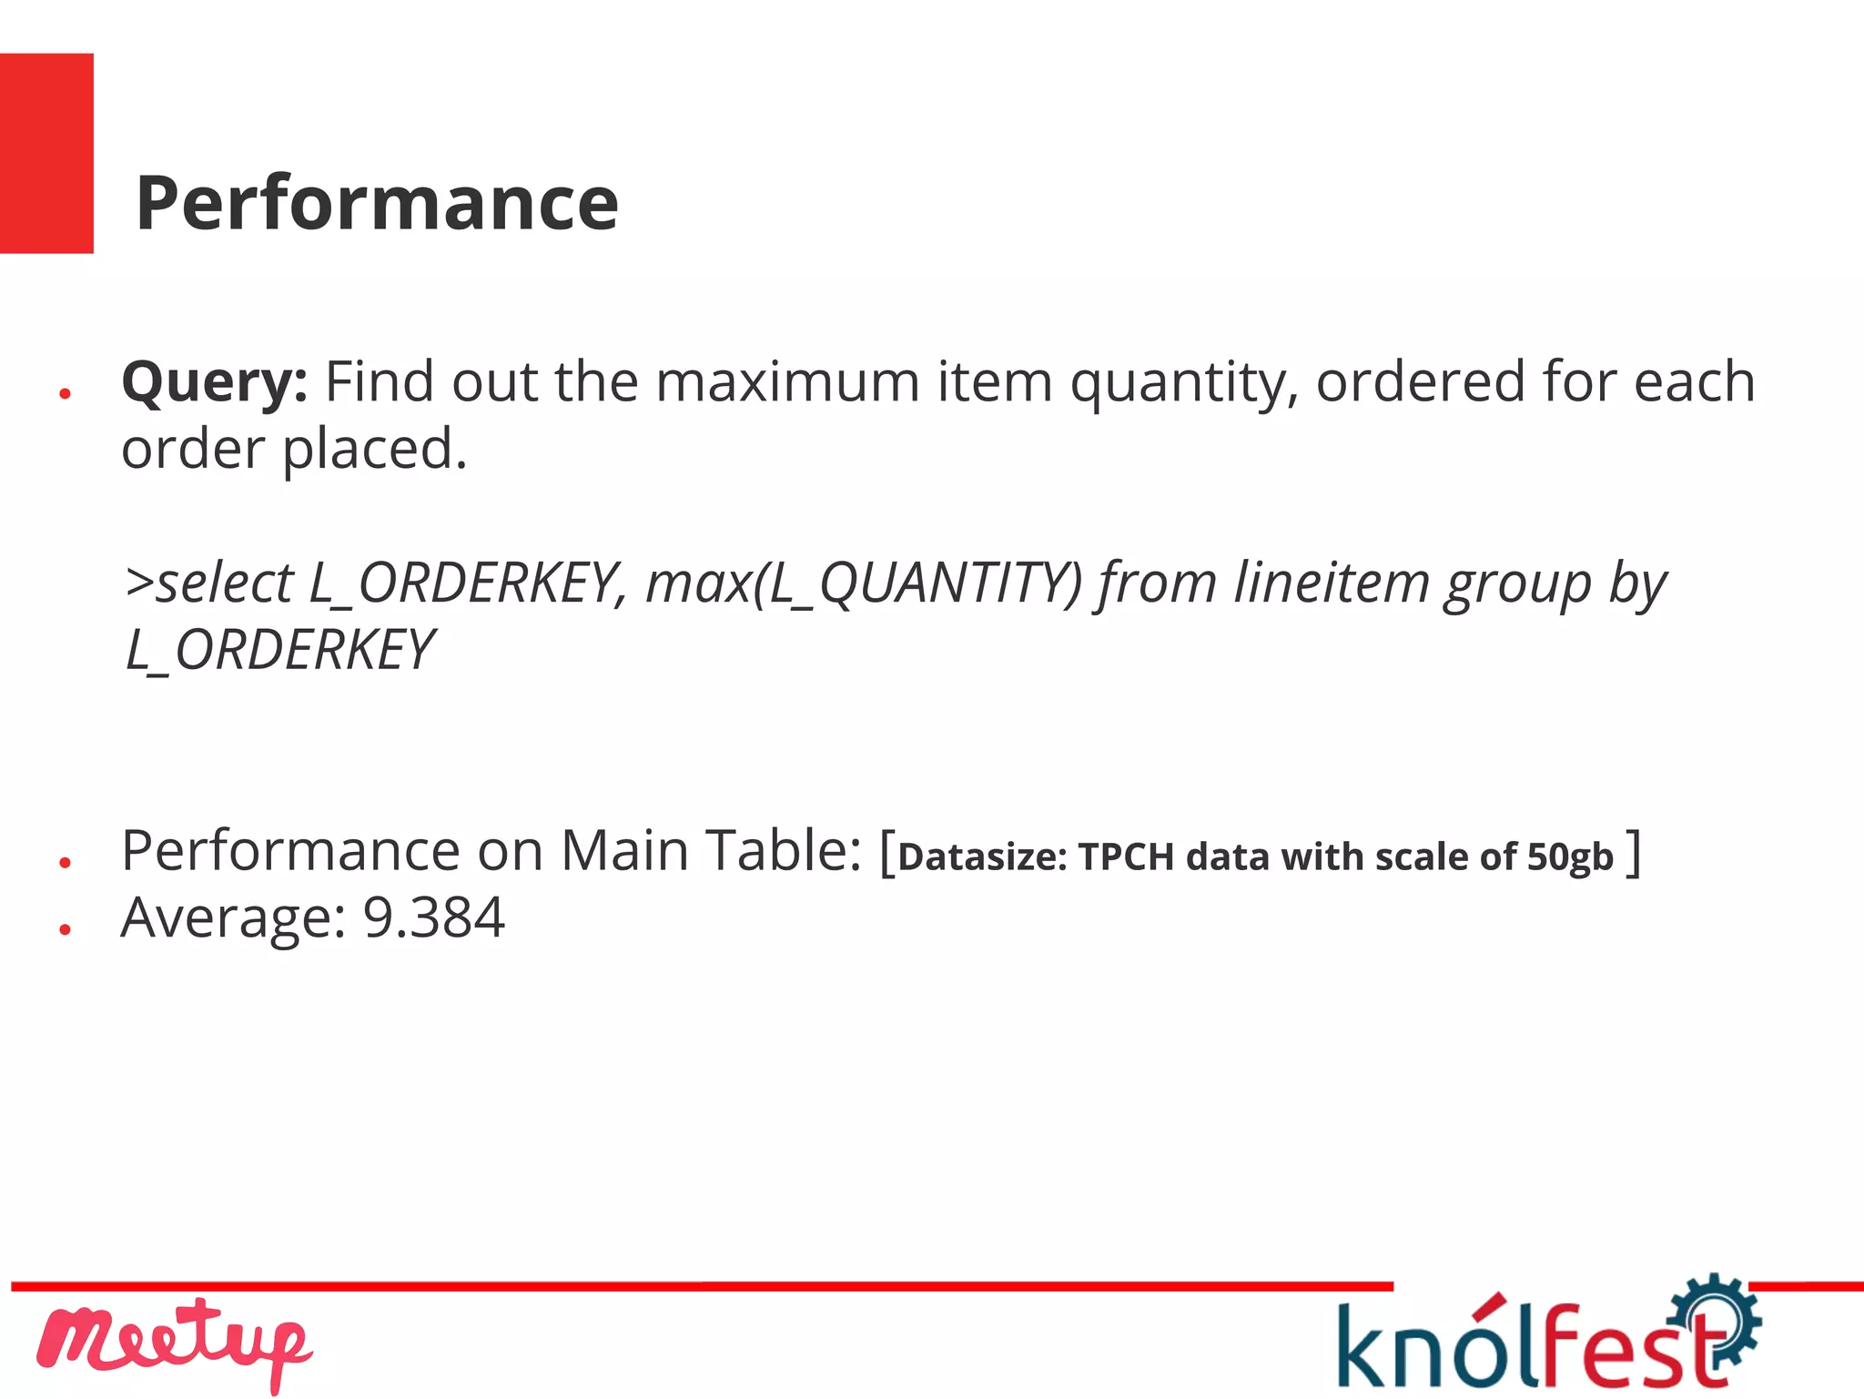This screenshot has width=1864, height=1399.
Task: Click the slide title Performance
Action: click(x=377, y=203)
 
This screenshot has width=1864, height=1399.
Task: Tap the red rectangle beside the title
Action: click(x=46, y=153)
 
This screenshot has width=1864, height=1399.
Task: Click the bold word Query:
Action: click(x=215, y=382)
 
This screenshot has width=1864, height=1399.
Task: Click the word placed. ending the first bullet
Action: click(x=375, y=450)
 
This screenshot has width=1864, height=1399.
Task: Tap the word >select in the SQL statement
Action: click(x=209, y=583)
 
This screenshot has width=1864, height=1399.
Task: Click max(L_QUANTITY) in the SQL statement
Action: click(x=864, y=583)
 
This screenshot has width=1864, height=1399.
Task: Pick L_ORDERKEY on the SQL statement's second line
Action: click(x=279, y=650)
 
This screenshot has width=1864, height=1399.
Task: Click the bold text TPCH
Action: click(x=1126, y=857)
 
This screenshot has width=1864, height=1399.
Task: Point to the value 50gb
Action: click(x=1570, y=857)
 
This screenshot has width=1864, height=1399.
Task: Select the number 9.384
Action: click(x=433, y=917)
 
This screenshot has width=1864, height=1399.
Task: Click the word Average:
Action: click(x=234, y=917)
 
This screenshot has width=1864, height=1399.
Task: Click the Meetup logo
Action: click(x=173, y=1343)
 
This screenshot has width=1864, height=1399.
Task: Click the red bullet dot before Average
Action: click(x=65, y=929)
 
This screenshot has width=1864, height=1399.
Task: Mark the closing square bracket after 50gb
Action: click(x=1635, y=853)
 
